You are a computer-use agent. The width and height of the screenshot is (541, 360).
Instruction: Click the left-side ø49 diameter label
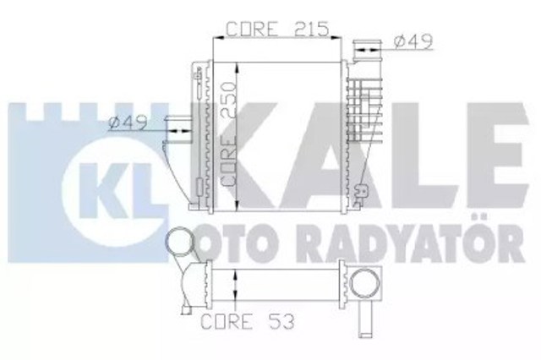128,123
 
